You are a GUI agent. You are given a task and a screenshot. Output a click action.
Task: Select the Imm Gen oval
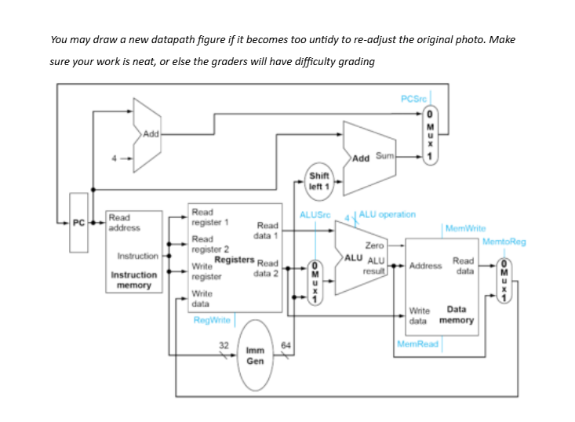pyautogui.click(x=255, y=356)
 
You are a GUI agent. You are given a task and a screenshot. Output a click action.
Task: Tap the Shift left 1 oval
pyautogui.click(x=320, y=181)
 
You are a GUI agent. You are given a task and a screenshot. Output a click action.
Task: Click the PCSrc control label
pyautogui.click(x=413, y=98)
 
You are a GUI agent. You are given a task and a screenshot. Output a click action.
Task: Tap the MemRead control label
pyautogui.click(x=417, y=344)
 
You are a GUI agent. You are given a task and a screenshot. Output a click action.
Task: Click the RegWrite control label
pyautogui.click(x=212, y=320)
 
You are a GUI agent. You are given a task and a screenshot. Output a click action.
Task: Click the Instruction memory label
pyautogui.click(x=134, y=280)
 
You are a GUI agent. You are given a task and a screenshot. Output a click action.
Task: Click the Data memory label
pyautogui.click(x=456, y=315)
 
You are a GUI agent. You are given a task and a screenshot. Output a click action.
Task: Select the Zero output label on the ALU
pyautogui.click(x=374, y=246)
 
